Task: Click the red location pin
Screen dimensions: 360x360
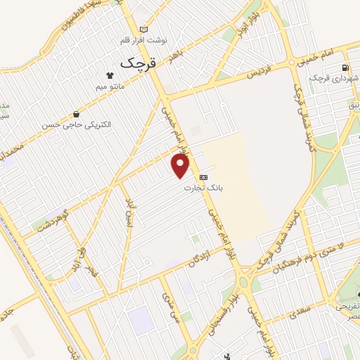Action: (x=181, y=166)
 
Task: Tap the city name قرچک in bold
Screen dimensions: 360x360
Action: (x=136, y=62)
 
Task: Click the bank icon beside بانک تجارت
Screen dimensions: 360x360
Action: (x=203, y=177)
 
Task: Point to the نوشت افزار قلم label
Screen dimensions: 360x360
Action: (x=146, y=40)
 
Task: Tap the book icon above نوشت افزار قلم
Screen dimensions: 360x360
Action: (x=145, y=30)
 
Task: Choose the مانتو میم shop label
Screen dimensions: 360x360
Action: (x=110, y=86)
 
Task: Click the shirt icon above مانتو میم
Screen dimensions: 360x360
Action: (x=110, y=75)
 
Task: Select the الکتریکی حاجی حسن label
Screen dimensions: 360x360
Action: (x=76, y=124)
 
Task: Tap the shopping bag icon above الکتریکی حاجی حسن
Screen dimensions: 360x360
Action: (x=75, y=114)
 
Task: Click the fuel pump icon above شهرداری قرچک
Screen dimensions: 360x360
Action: (x=344, y=67)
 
